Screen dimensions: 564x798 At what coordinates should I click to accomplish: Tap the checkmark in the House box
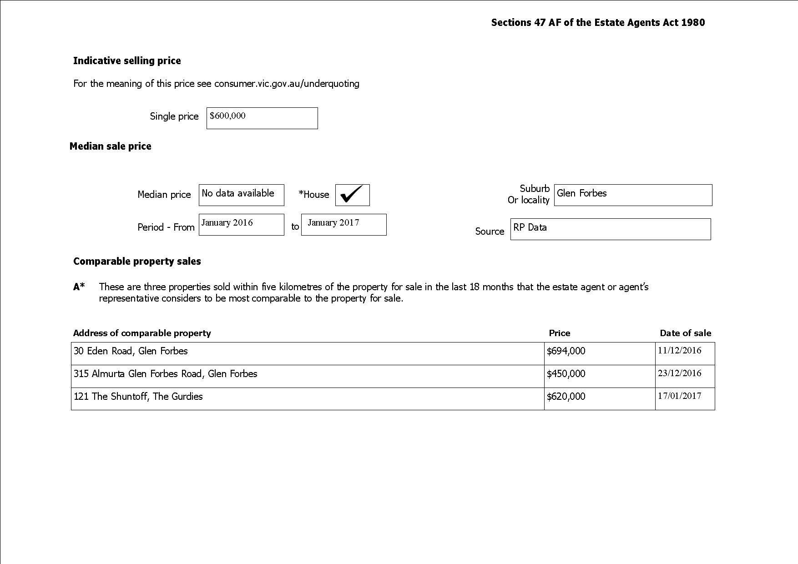coord(352,195)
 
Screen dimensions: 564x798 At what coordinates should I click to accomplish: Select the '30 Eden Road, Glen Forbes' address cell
coord(131,351)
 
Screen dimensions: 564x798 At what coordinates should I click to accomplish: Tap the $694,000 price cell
coord(566,351)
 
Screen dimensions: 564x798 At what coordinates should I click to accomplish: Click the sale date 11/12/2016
coord(680,351)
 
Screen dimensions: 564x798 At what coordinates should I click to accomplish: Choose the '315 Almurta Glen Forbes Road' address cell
coord(166,374)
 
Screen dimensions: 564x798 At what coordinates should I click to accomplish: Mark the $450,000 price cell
coord(566,374)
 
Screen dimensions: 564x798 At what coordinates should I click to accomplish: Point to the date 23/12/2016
coord(680,373)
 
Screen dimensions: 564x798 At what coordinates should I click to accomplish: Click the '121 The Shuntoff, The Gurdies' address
coord(138,397)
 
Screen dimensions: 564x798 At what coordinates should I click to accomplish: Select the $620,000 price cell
coord(566,397)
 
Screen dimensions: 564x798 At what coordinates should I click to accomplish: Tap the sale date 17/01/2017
coord(680,396)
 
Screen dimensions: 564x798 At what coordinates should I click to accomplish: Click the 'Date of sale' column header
coord(685,333)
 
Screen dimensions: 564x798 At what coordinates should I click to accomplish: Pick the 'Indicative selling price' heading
coord(127,61)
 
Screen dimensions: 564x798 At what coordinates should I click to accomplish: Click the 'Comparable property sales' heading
coord(137,262)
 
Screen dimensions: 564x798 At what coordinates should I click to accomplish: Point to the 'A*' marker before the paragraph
coord(79,287)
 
